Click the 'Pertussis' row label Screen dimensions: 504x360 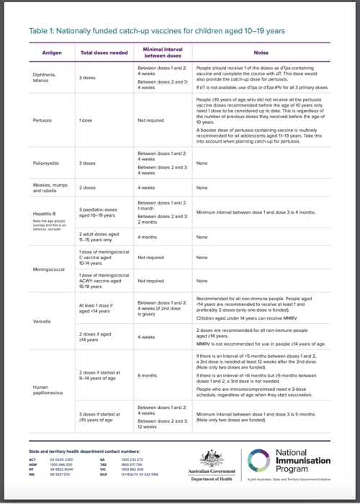[x=42, y=120]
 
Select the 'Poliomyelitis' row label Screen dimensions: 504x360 [x=45, y=163]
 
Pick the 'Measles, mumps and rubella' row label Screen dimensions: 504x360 [x=50, y=189]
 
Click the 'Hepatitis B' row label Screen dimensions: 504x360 [x=45, y=213]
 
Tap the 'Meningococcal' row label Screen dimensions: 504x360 [x=47, y=269]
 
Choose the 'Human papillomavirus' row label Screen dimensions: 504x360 [x=48, y=390]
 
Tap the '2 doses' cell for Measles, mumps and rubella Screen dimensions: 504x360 [x=88, y=187]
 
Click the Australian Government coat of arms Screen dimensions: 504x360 [x=211, y=458]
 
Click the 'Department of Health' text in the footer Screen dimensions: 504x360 [x=211, y=479]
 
